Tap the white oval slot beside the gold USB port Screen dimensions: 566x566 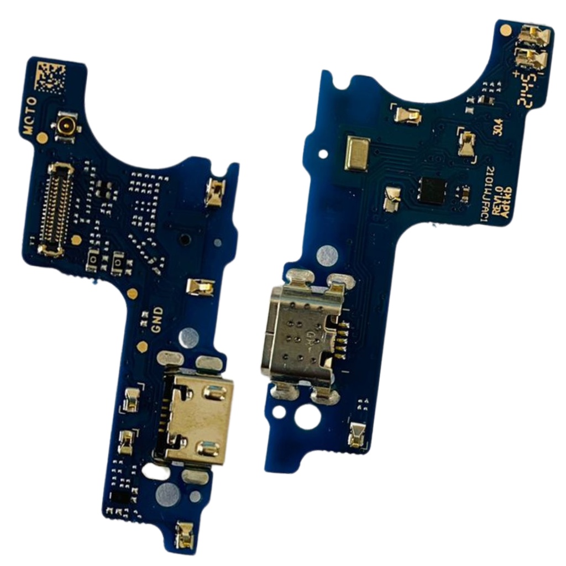pos(156,471)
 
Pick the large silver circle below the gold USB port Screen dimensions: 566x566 pos(167,494)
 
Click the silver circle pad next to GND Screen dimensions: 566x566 pos(188,337)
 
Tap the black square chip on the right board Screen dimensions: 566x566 pos(433,191)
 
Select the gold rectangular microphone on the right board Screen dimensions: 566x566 pos(357,153)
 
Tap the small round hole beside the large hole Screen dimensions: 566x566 pos(280,411)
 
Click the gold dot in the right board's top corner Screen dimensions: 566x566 pos(505,31)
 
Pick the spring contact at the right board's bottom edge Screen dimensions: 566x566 pos(357,434)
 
